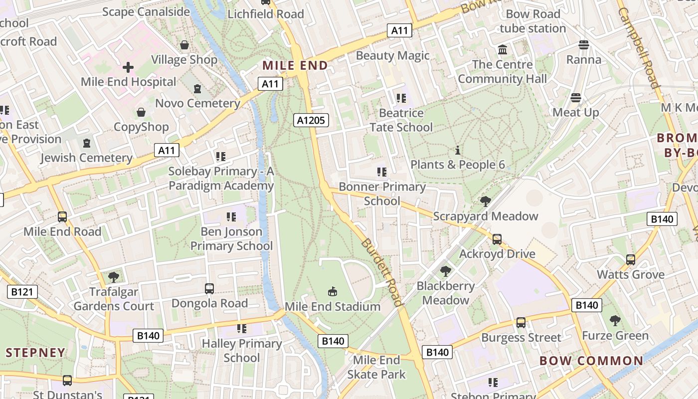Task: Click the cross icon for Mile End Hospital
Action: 128,67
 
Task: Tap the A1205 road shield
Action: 311,120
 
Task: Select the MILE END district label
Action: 295,65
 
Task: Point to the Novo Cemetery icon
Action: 197,89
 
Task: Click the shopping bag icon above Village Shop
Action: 184,45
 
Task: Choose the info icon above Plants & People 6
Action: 457,150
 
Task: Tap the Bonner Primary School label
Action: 382,194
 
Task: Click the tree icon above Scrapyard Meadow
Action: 485,201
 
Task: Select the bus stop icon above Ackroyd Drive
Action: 497,239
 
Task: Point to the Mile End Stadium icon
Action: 333,291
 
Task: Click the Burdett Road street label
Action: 381,272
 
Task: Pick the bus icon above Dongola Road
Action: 209,289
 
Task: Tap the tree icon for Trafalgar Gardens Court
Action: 114,277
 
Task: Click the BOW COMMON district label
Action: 591,361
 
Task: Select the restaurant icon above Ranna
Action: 584,45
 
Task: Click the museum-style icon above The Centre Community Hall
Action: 503,50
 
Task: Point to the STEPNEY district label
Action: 35,353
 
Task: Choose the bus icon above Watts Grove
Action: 631,260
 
